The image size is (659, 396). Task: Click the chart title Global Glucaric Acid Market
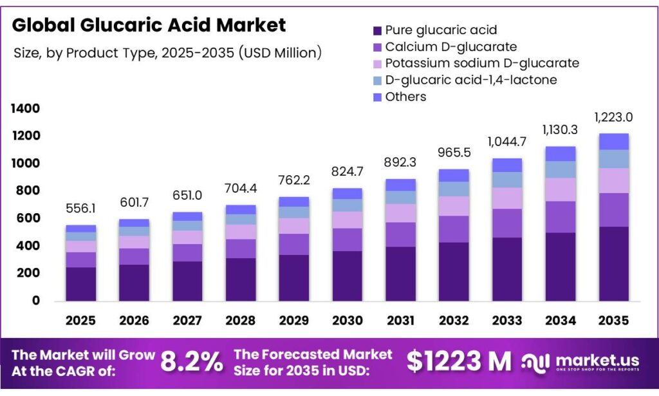coord(149,25)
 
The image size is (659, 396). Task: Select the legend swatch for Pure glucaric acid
coord(376,30)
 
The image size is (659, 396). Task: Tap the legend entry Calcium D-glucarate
coord(450,47)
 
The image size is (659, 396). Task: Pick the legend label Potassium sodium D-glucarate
coord(481,63)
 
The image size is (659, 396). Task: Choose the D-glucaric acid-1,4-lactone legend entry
coord(470,80)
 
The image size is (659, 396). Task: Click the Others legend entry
coord(405,97)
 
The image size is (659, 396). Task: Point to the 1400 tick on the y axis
coord(26,108)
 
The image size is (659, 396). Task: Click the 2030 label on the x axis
coord(347,320)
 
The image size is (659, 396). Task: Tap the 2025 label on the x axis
coord(80,320)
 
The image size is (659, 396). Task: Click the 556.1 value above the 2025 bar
coord(80,209)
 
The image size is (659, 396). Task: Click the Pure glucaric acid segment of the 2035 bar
coord(613,263)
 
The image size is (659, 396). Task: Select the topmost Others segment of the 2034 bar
coord(560,153)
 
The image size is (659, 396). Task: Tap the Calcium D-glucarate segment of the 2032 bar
coord(454,229)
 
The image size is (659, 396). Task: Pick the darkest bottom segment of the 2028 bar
coord(240,279)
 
